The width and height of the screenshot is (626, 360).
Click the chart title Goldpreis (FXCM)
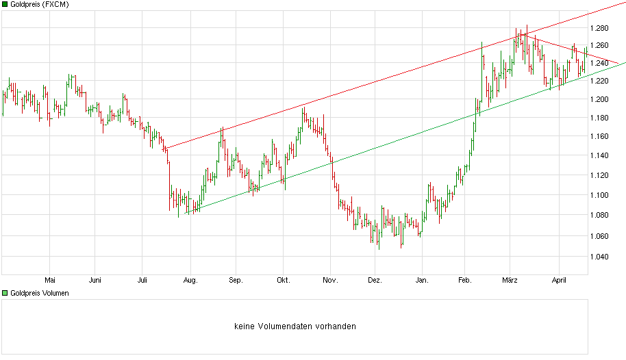click(x=39, y=4)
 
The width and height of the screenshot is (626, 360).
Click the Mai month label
click(x=49, y=279)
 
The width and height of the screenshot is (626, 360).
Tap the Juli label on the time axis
click(x=142, y=279)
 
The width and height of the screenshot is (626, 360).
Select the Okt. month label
click(x=283, y=279)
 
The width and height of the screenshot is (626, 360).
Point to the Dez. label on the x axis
click(x=375, y=279)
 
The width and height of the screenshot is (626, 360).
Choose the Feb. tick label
click(x=465, y=279)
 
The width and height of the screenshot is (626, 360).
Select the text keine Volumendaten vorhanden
click(x=295, y=326)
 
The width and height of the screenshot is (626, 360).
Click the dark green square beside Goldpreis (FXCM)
click(x=5, y=4)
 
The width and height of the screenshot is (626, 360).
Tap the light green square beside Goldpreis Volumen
click(x=5, y=293)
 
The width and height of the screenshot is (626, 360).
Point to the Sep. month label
click(x=236, y=279)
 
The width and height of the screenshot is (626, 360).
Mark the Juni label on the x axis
click(x=95, y=279)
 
